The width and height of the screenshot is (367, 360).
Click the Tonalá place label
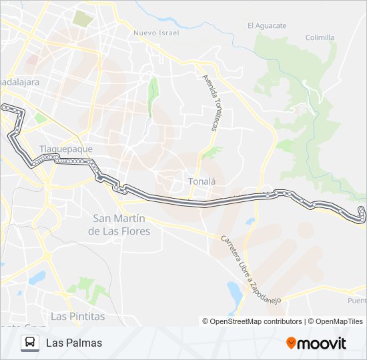click(x=202, y=181)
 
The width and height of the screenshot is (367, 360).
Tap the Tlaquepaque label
click(x=65, y=149)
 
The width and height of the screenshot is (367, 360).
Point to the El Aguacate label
click(x=267, y=26)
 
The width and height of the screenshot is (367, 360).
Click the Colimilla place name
click(x=320, y=37)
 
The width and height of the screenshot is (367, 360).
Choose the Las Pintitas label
click(x=78, y=315)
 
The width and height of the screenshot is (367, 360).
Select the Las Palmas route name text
click(x=74, y=343)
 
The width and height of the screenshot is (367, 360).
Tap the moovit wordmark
click(x=322, y=343)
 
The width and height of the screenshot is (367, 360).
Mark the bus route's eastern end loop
click(x=361, y=213)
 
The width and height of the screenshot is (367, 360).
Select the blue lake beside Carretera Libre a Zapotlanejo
click(x=234, y=292)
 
